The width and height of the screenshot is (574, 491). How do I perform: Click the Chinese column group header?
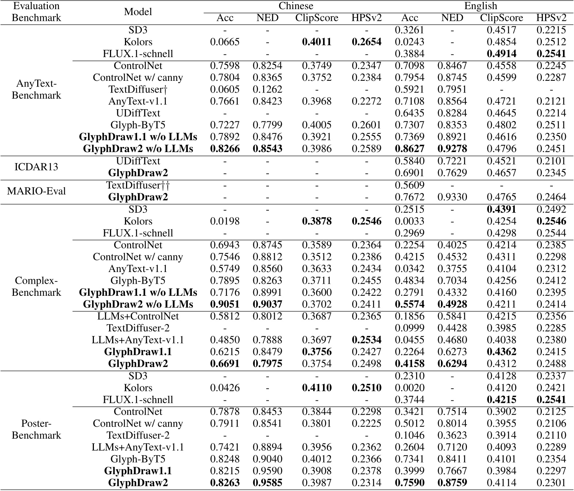tap(296, 6)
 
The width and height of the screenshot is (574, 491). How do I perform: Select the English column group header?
tap(480, 6)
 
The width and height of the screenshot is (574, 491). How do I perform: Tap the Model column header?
tap(138, 12)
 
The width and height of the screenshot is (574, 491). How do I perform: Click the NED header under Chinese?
tap(267, 18)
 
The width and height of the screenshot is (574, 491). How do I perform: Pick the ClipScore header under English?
tap(501, 18)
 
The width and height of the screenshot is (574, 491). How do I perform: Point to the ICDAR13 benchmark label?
tap(36, 167)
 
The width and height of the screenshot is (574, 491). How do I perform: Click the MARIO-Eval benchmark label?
tap(36, 191)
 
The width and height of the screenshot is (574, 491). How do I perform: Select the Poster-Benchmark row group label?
tap(36, 429)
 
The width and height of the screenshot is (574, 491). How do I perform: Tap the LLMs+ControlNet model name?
tap(138, 316)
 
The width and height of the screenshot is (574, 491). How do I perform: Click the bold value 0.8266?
tap(225, 149)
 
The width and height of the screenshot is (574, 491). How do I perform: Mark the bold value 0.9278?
tap(452, 149)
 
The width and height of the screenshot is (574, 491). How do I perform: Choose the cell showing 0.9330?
tap(452, 197)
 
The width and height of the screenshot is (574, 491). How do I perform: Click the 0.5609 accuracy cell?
tap(410, 185)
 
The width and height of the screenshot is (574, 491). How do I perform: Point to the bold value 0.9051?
tap(225, 304)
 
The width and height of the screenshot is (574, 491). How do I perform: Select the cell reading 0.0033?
tap(410, 221)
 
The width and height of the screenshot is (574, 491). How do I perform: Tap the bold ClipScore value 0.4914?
tap(501, 54)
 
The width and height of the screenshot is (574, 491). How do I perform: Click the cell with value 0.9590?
tap(267, 471)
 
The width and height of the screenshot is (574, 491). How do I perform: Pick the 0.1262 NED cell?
tap(267, 90)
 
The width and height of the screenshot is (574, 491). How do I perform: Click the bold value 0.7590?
tap(410, 483)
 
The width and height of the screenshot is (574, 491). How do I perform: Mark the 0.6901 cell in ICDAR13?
tap(410, 173)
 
